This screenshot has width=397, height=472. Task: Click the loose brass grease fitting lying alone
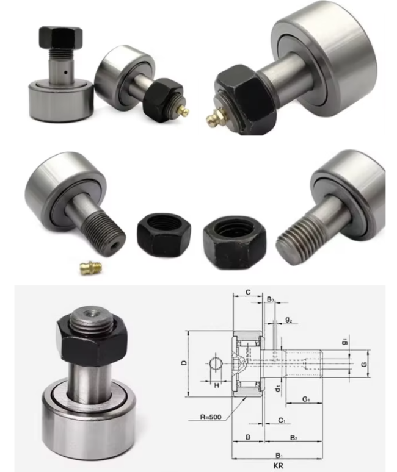(91, 266)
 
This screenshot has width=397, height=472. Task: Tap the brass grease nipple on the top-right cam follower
(214, 117)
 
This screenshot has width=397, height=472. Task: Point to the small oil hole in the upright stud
(65, 73)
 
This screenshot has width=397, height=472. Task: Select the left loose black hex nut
(164, 235)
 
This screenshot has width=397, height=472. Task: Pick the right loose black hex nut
(235, 241)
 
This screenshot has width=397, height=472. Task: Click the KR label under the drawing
(279, 466)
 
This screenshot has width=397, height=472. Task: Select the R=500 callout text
(210, 417)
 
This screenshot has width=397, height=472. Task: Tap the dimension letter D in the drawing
(184, 363)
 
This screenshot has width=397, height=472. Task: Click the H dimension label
(216, 385)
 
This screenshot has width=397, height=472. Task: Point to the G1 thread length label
(306, 399)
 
